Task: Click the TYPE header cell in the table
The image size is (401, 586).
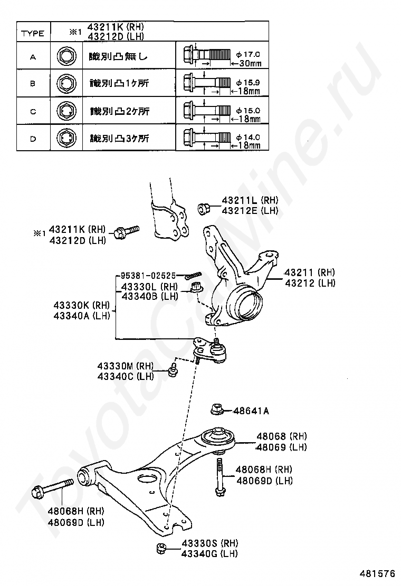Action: point(33,33)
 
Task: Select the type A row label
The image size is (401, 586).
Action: point(33,56)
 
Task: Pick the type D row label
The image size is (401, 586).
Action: point(33,139)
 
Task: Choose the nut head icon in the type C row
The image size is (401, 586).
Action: point(65,111)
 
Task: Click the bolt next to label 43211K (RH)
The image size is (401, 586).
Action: point(127,230)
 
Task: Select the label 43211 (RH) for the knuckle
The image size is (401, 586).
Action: point(310,272)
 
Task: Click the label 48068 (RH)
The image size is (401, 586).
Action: point(281,436)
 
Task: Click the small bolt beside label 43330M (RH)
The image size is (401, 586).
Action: point(173,371)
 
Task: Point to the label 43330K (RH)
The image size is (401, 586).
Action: point(81,306)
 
